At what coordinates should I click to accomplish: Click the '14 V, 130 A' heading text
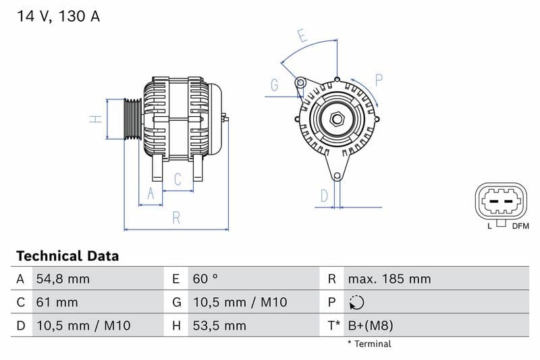point(58,17)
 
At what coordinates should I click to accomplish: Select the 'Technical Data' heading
point(67,256)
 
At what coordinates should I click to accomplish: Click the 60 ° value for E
point(205,279)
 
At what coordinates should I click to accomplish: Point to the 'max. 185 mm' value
point(389,279)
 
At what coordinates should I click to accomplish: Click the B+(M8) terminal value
point(370,326)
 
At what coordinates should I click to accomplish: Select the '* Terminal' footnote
point(369,344)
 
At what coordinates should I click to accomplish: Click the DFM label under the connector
point(520,226)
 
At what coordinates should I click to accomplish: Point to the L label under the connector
point(490,226)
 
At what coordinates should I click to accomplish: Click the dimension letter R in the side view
point(176,217)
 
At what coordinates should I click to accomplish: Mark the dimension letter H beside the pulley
point(97,119)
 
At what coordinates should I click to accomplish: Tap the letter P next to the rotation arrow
point(379,80)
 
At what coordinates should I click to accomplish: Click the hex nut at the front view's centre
point(336,120)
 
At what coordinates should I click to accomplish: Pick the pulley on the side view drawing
point(132,120)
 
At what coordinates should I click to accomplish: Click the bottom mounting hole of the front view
point(336,176)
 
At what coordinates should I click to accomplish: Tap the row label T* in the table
point(333,326)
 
